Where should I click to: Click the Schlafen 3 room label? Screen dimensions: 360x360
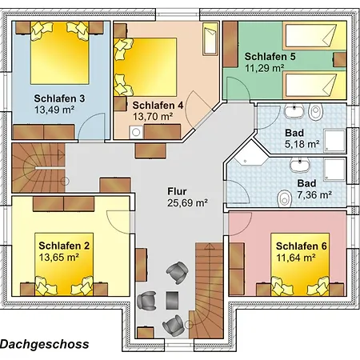click(x=59, y=98)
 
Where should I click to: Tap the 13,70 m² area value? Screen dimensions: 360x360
click(x=153, y=117)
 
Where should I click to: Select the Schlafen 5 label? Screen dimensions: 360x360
click(x=270, y=57)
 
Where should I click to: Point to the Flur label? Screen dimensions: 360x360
click(x=177, y=191)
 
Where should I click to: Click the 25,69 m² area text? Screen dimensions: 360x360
click(x=187, y=203)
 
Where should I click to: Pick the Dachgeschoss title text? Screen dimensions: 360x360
click(x=44, y=344)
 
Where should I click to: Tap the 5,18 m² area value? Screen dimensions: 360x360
click(x=302, y=144)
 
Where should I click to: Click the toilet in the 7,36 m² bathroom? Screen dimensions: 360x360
click(x=284, y=198)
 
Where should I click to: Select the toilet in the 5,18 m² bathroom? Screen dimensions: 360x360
click(x=315, y=111)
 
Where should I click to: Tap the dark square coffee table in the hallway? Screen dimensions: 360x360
click(x=172, y=300)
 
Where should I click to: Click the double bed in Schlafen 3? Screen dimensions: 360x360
click(x=60, y=53)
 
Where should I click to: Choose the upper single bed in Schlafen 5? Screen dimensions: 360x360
click(x=314, y=35)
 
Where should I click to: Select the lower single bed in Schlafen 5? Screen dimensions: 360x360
click(x=314, y=86)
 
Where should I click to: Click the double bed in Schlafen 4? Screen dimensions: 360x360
click(x=146, y=67)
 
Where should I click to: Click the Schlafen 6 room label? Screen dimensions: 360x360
click(x=302, y=246)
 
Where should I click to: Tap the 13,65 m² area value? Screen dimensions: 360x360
click(x=59, y=258)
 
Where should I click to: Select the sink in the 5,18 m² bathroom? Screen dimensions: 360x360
click(x=294, y=111)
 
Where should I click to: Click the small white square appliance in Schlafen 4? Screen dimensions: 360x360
click(x=136, y=133)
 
